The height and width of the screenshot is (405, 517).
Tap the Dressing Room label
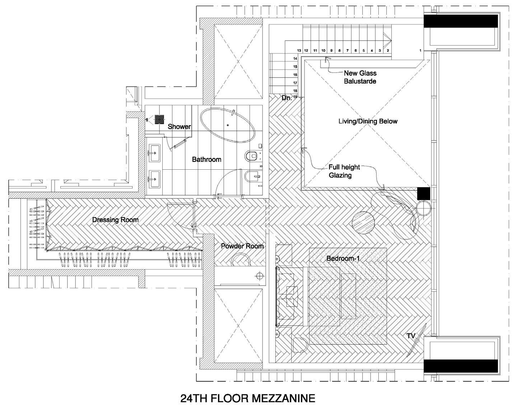click(115, 220)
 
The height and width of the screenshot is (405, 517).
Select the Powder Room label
click(242, 246)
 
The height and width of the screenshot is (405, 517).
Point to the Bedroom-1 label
click(343, 258)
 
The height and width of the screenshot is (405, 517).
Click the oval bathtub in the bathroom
click(228, 126)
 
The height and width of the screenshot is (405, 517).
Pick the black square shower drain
click(159, 119)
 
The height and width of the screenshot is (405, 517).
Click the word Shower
click(179, 127)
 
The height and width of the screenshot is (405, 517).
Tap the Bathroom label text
click(206, 159)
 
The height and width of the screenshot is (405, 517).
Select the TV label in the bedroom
click(411, 336)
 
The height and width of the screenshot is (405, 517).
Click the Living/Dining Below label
click(368, 121)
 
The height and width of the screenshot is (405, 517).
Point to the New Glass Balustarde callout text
click(360, 77)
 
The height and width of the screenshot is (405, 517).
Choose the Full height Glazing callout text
click(344, 171)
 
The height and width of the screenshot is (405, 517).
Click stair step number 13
click(299, 50)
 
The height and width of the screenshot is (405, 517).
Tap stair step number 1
click(420, 50)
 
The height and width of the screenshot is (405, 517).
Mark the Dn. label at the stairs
click(287, 98)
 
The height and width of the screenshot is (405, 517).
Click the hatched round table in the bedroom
click(363, 223)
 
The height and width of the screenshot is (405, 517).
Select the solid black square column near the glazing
click(424, 193)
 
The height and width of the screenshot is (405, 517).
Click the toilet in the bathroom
click(253, 156)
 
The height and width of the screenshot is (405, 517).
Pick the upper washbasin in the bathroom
click(154, 153)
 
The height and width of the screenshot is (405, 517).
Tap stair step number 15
click(295, 67)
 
